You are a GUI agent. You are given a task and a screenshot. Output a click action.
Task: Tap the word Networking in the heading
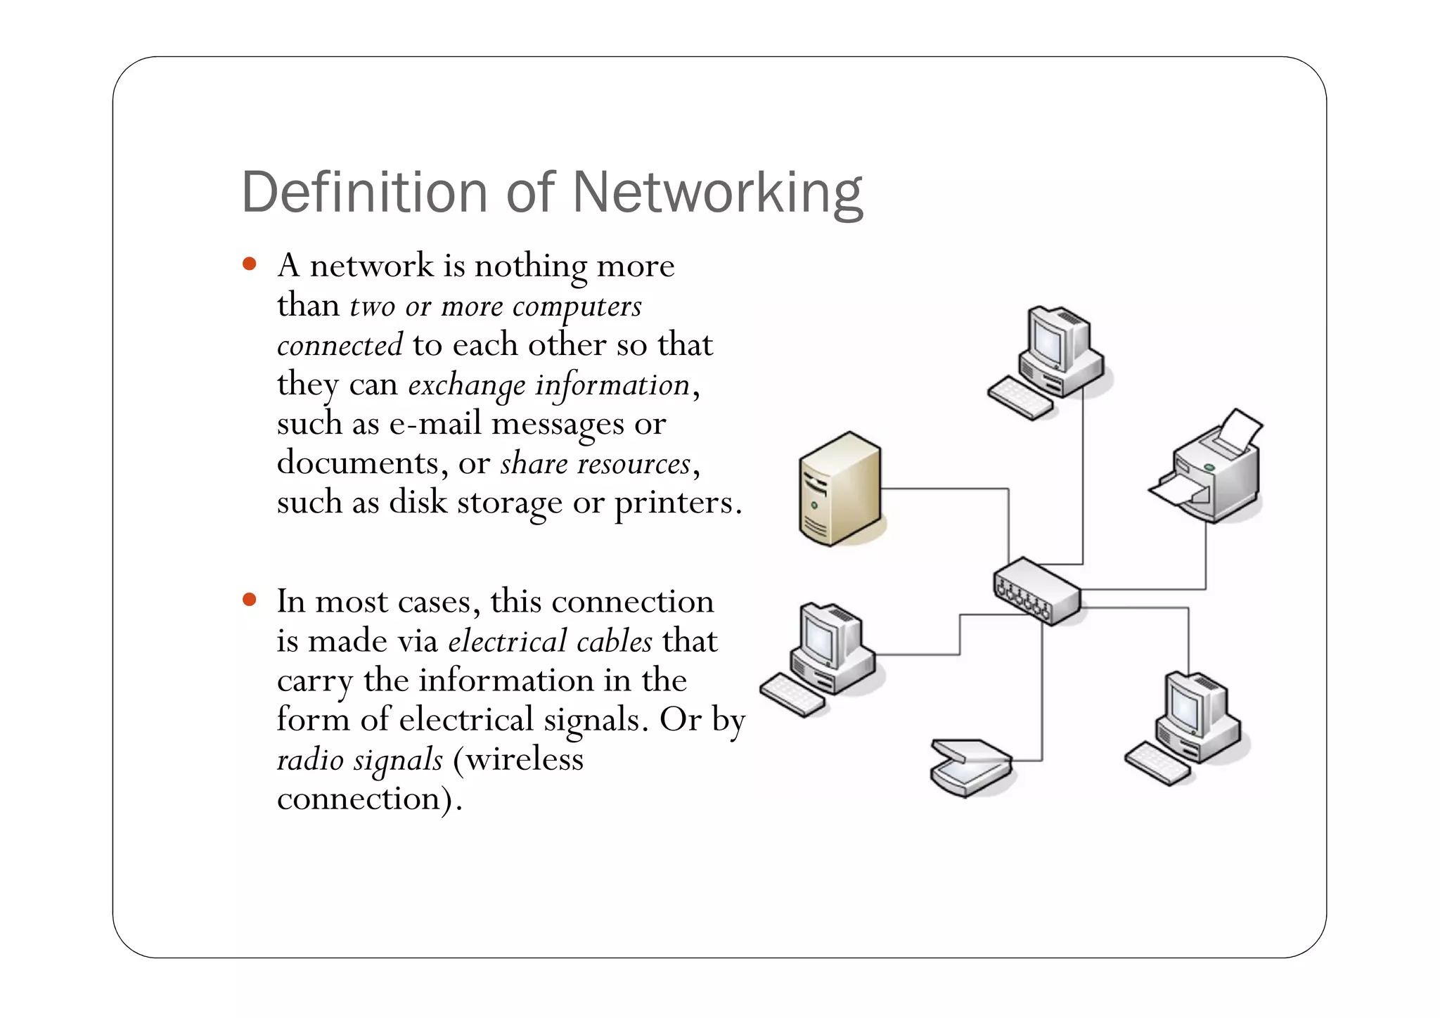pos(717,193)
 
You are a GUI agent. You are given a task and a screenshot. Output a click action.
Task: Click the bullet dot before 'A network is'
pos(249,264)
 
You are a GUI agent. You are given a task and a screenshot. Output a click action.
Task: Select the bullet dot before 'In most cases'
pos(249,600)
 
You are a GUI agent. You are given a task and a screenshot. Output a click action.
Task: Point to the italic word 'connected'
pos(340,345)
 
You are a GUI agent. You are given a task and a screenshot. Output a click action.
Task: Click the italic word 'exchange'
pos(466,385)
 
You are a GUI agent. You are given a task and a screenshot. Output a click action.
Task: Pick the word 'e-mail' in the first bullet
pos(435,424)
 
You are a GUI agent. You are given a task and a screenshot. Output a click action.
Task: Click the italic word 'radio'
pos(310,760)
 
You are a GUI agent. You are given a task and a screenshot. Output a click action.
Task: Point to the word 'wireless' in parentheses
pos(524,760)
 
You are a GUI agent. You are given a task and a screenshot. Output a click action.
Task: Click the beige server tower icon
pos(840,489)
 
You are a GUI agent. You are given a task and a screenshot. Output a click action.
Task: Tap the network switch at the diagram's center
pos(1036,591)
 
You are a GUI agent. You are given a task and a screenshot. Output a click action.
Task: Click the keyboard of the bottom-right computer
pos(1157,764)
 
